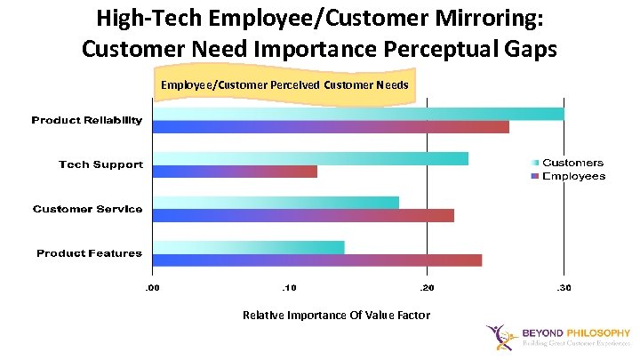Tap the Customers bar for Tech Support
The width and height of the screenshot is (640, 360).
(x=310, y=158)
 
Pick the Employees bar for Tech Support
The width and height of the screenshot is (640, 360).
(x=235, y=172)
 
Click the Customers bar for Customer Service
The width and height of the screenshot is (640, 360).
(x=276, y=203)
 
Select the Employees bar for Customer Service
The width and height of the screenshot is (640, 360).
(x=303, y=215)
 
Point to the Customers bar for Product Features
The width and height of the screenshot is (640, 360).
(x=248, y=247)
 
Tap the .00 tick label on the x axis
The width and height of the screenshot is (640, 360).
(x=153, y=288)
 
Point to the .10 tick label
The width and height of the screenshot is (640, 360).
(x=289, y=288)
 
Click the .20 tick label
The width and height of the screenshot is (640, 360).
(x=427, y=288)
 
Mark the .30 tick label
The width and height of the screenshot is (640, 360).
(x=563, y=288)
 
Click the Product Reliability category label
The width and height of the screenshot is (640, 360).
(x=87, y=120)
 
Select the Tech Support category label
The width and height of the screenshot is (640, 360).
(x=100, y=164)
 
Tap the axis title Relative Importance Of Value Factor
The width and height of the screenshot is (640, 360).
(x=336, y=316)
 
